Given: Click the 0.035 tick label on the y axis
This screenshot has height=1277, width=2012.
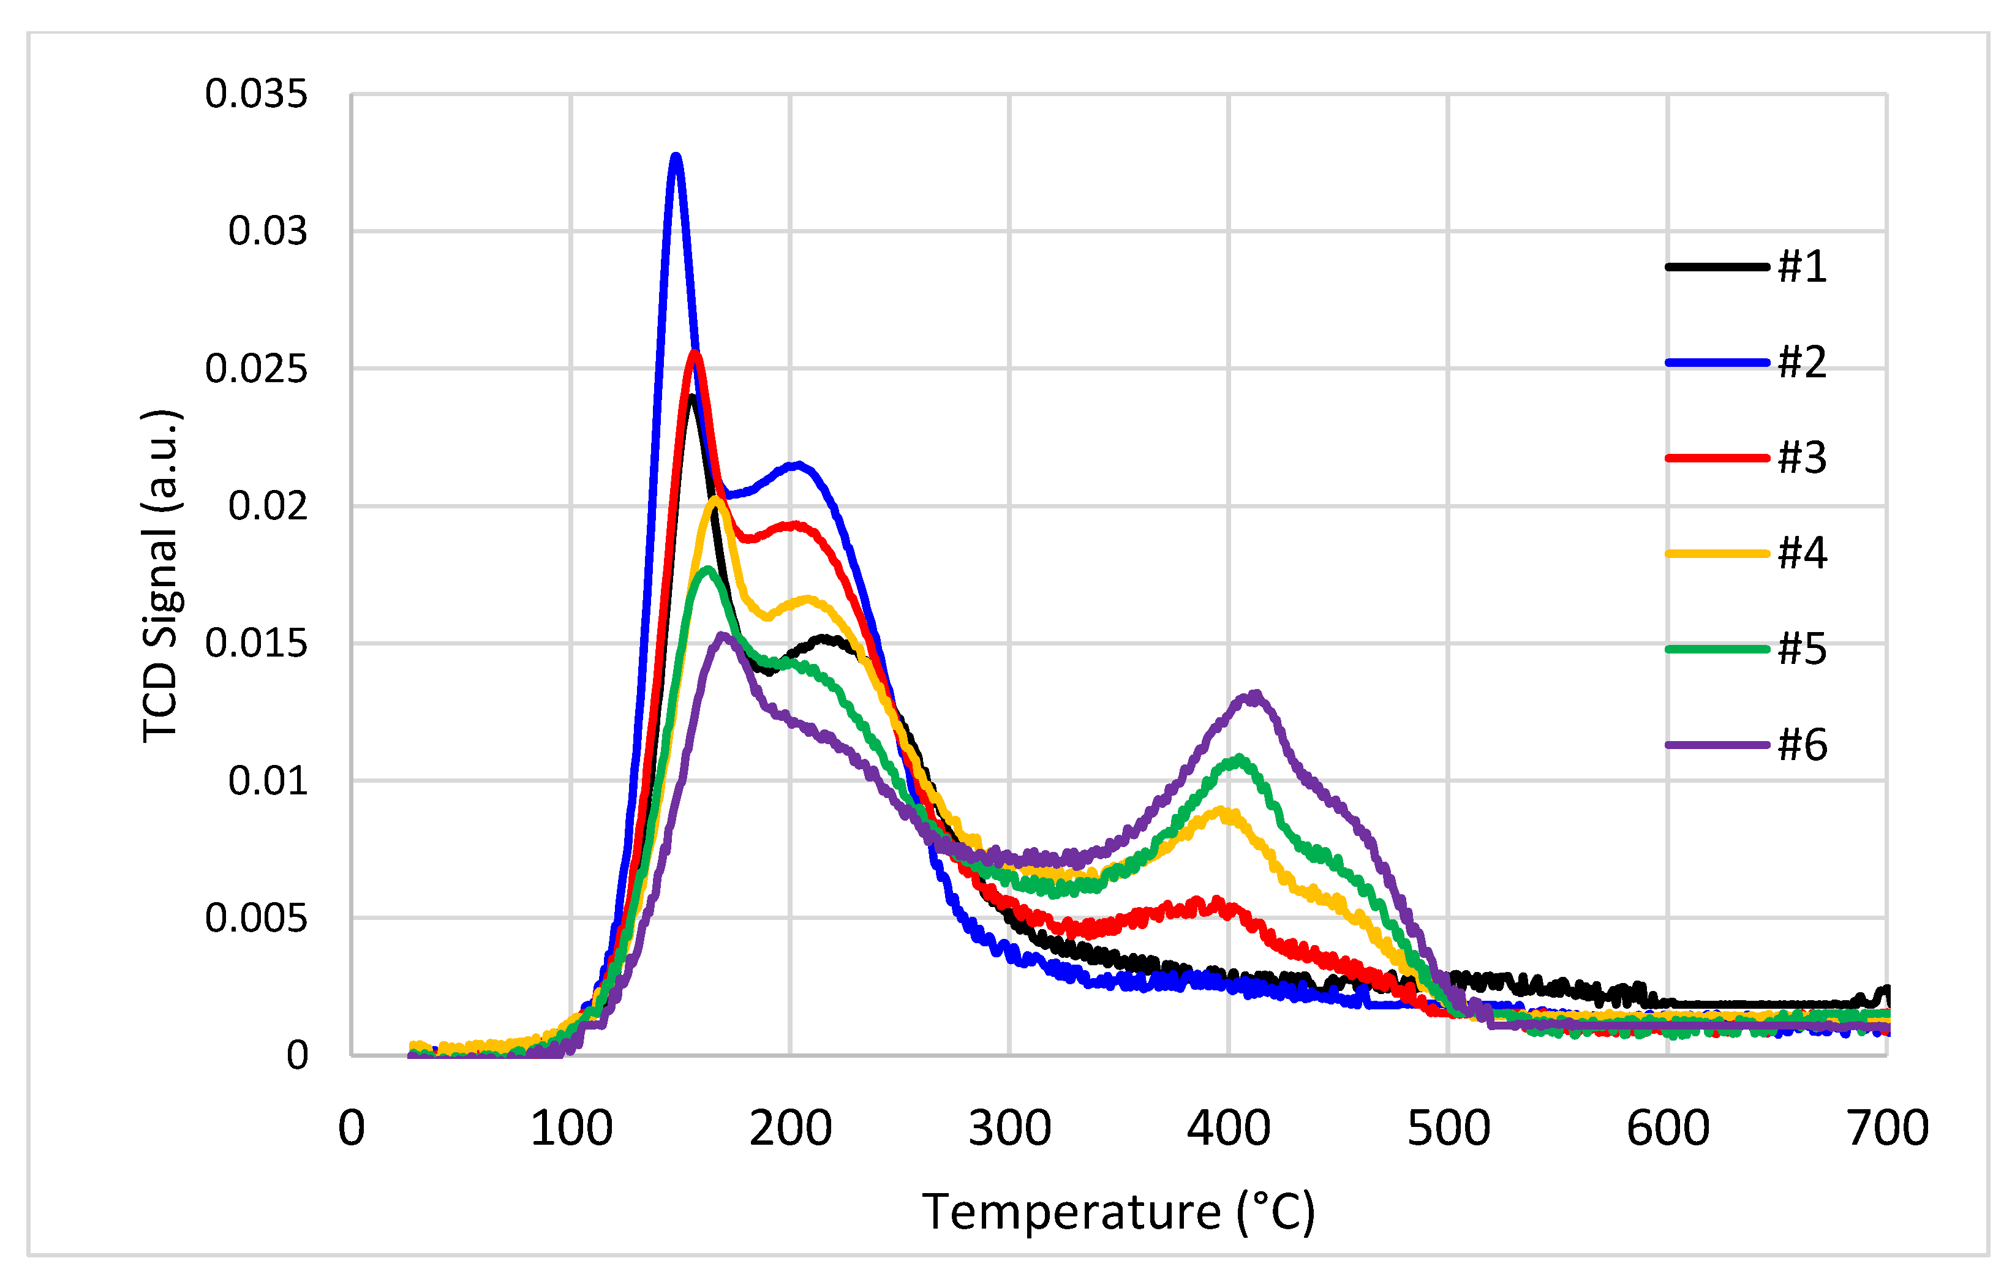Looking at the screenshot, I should (257, 94).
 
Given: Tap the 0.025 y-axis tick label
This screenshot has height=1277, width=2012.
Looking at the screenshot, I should (257, 369).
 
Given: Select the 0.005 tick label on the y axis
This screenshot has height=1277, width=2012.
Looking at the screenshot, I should (257, 919).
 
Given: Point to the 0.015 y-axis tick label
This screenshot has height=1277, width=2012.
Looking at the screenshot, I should (257, 644).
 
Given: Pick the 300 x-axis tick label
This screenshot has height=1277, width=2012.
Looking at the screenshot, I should (1009, 1128).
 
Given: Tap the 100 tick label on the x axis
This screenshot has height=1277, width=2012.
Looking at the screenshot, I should (571, 1128).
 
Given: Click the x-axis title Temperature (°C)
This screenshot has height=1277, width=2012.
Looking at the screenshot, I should (1118, 1212).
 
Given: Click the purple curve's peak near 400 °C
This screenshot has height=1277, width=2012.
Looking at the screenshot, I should (1253, 695).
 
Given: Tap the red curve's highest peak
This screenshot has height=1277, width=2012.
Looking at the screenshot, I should (695, 353).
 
